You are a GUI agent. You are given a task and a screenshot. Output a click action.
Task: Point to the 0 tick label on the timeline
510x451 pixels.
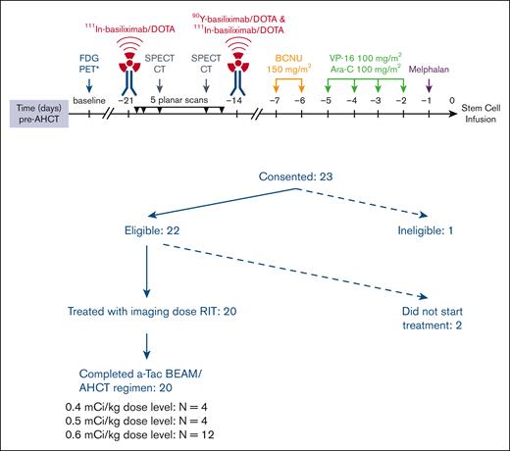[452, 101]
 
